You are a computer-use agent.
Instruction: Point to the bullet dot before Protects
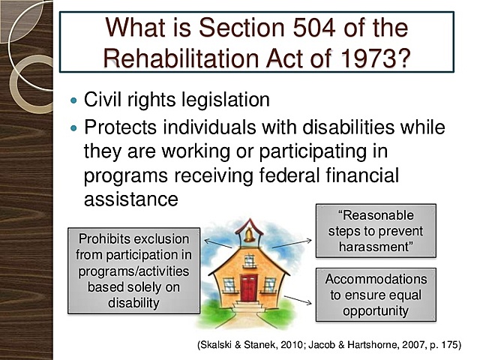(x=73, y=128)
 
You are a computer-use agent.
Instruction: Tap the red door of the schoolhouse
(x=247, y=286)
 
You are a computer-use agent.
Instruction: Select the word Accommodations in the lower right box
(x=376, y=279)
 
